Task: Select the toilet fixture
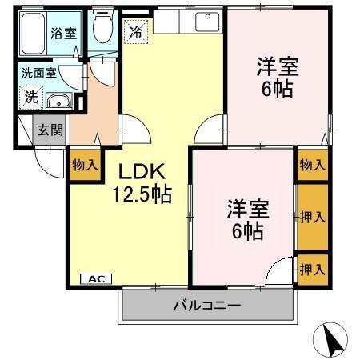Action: (x=102, y=30)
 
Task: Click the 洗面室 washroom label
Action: (x=39, y=72)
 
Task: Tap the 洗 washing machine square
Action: (x=30, y=98)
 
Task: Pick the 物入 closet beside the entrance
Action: (x=85, y=166)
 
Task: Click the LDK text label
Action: (x=142, y=171)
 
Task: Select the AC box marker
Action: (x=96, y=278)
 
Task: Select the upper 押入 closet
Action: (x=313, y=216)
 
